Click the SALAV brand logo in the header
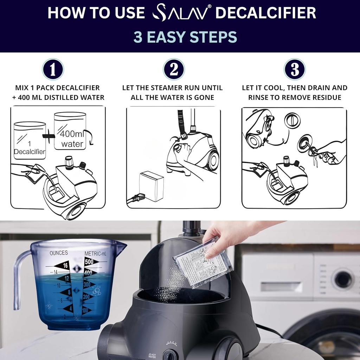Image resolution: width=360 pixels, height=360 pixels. (181, 13)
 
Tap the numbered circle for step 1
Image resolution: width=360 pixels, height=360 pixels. (53, 70)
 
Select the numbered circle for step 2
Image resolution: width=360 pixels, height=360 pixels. (174, 70)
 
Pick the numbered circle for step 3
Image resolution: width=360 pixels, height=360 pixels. (295, 70)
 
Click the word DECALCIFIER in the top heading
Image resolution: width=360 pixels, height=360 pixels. (265, 13)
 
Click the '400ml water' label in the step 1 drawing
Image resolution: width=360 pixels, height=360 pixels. (72, 139)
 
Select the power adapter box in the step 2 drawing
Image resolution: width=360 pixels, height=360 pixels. (151, 186)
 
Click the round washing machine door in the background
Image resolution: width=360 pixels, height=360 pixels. (343, 279)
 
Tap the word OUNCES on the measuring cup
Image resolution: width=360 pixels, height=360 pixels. (59, 253)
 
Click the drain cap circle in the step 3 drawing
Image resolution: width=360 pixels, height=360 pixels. (292, 121)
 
